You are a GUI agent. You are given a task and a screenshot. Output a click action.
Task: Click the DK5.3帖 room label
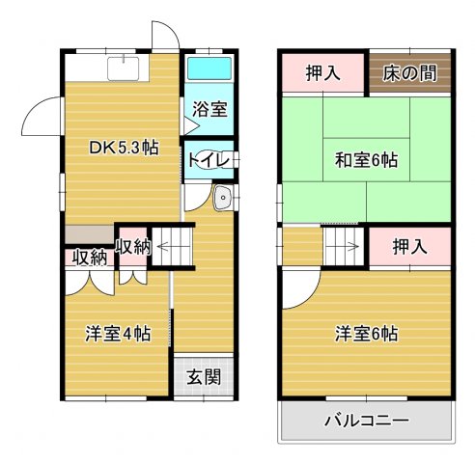[x=124, y=148]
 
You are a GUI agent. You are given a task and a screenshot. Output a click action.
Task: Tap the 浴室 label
[x=210, y=109]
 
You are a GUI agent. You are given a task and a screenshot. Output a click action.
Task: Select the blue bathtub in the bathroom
[x=209, y=70]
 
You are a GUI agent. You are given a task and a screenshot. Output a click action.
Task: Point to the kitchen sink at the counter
[x=125, y=68]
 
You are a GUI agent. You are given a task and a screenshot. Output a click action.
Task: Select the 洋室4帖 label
[x=117, y=335]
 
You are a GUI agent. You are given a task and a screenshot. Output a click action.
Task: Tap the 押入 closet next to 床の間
[x=323, y=72]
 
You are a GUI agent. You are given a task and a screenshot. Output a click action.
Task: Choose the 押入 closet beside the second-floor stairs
[x=410, y=248]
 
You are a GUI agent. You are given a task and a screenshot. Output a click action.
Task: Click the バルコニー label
[x=366, y=421]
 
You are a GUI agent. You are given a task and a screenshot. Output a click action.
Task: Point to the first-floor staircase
[x=175, y=245]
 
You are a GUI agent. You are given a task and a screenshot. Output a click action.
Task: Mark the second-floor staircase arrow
[x=342, y=246]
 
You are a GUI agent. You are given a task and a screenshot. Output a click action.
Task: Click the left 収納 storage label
[x=88, y=258]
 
